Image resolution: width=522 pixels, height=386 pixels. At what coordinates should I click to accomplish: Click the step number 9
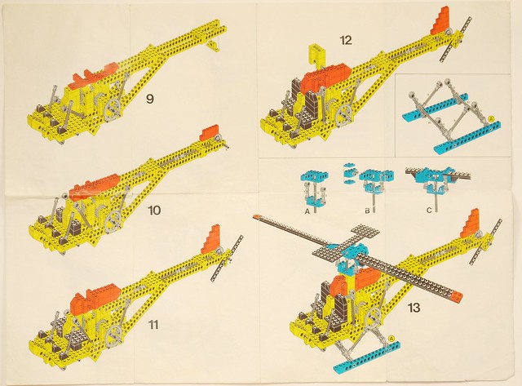tap(150, 99)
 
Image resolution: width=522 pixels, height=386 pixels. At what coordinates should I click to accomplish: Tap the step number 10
tap(155, 211)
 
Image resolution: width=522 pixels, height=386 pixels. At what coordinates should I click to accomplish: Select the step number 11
tap(153, 324)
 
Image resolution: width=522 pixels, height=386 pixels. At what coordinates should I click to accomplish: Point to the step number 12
tap(346, 40)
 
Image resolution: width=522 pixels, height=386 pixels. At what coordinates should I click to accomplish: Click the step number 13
tap(414, 308)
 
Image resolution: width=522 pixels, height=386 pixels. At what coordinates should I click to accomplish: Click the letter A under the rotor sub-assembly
tap(307, 211)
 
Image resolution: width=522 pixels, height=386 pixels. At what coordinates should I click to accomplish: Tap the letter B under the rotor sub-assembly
tap(367, 211)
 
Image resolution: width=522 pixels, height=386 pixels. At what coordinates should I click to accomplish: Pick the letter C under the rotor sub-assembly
tap(429, 211)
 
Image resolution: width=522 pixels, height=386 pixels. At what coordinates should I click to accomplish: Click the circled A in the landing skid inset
tap(490, 118)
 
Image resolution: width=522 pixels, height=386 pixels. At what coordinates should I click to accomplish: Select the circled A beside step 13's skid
tap(391, 338)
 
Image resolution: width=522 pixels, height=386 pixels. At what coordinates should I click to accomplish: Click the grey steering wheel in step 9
tap(114, 109)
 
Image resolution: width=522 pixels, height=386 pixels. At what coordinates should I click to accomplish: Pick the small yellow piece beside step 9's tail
tap(212, 46)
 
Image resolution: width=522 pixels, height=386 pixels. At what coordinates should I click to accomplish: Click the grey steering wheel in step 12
tap(345, 117)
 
